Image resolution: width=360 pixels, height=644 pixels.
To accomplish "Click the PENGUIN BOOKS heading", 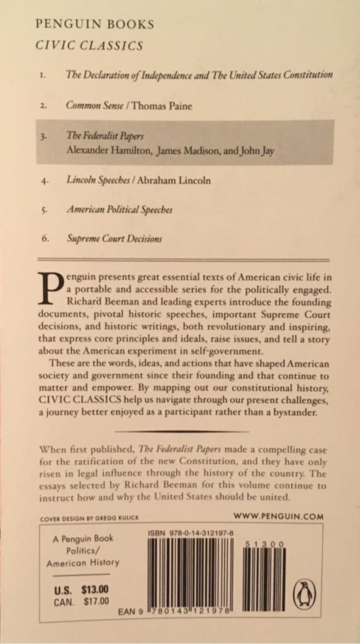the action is point(95,25).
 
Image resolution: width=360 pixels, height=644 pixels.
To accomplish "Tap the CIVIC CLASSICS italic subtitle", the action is point(89,45).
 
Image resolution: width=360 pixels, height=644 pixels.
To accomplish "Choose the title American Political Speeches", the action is point(120,209).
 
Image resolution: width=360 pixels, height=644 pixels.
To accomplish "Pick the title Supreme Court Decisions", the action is point(115,239).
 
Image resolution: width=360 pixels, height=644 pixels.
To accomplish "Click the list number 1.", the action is point(42,75).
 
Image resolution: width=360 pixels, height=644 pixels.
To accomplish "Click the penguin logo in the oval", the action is point(305,593).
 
